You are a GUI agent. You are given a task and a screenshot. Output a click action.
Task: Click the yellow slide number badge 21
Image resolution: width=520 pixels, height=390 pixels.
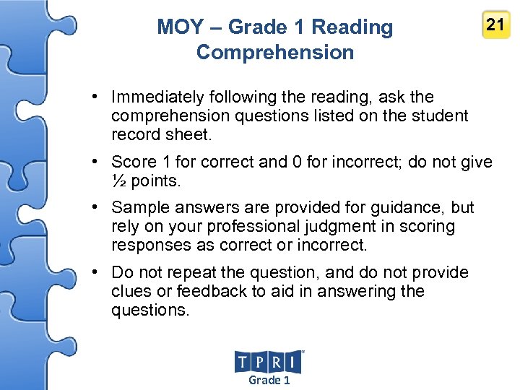[495, 25]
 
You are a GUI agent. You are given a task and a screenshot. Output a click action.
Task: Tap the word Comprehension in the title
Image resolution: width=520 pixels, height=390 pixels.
[275, 53]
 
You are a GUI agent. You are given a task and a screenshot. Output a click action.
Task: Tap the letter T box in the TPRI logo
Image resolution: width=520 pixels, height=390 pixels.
[243, 362]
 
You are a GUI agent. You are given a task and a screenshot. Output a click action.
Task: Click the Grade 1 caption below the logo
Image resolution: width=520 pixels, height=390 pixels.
[269, 380]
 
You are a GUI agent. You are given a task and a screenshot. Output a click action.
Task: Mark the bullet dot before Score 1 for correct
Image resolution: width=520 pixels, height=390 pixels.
[95, 162]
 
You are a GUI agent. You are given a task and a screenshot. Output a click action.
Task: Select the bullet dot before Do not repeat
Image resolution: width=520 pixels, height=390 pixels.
[95, 273]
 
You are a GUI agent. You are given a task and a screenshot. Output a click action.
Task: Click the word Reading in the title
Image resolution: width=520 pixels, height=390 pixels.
[352, 27]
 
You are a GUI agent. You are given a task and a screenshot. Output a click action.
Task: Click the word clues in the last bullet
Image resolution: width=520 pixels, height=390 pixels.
[131, 292]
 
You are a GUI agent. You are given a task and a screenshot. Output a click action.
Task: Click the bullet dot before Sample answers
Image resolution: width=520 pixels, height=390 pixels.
[95, 208]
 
